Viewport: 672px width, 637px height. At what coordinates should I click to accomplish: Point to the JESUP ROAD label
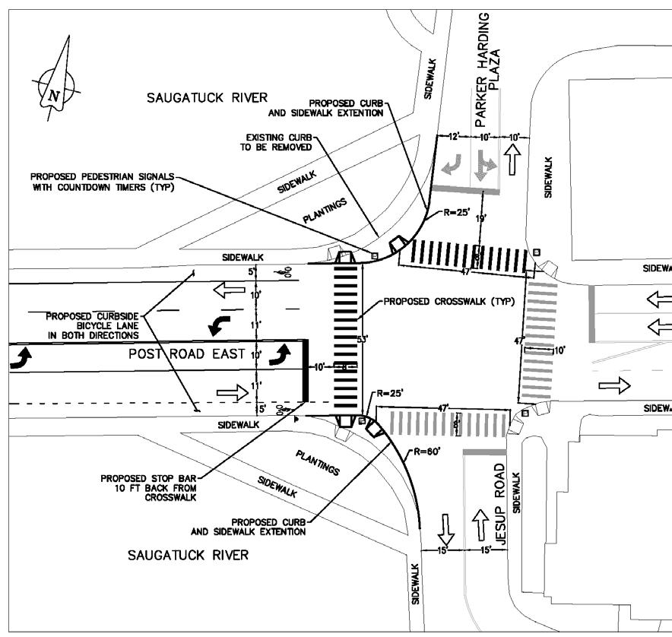[499, 501]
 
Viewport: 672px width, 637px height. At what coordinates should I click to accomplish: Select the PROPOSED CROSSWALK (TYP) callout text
[434, 302]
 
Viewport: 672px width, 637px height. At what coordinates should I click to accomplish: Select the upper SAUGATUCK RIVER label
[208, 97]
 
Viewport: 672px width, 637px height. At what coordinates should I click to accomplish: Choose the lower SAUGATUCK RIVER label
[188, 555]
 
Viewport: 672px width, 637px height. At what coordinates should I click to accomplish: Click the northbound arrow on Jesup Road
[480, 522]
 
